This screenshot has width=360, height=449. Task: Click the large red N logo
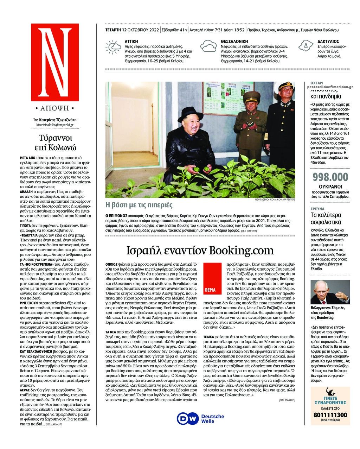click(x=55, y=62)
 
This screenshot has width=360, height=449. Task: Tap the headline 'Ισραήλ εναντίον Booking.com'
click(x=200, y=251)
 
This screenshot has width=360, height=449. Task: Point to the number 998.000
click(x=330, y=177)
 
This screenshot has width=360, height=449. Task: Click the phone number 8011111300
click(x=330, y=415)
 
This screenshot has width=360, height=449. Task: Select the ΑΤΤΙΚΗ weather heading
click(x=131, y=42)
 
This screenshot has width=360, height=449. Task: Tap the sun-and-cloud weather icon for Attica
click(x=113, y=47)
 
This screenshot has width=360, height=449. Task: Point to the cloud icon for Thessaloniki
click(x=208, y=47)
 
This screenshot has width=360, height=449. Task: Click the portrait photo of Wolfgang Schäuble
click(x=330, y=292)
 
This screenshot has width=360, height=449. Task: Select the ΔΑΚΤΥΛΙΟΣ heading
click(x=328, y=42)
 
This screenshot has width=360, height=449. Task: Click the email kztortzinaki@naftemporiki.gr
click(x=55, y=125)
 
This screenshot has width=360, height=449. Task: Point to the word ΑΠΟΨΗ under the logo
click(x=55, y=108)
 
